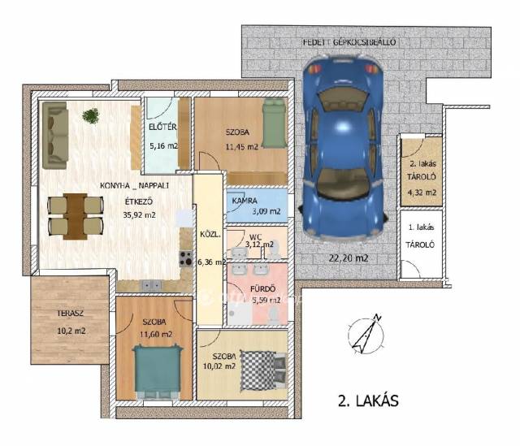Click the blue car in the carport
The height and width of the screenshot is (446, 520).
pos(343,148)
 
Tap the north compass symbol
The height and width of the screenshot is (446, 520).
pos(366,334)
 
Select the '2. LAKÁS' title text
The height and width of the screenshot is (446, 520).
pos(368,401)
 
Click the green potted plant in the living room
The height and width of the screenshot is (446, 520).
pos(90,116)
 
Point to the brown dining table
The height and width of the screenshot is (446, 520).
pos(76,216)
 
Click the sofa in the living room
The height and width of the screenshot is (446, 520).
pos(55,135)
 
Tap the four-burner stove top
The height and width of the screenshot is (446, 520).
pos(186,258)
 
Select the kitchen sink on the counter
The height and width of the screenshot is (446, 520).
pos(152,285)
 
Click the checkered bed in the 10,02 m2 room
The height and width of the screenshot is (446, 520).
pos(262,370)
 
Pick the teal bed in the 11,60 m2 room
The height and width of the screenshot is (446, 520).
pos(157,371)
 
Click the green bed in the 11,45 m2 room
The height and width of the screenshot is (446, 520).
pos(275,124)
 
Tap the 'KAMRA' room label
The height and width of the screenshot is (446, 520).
pos(245,201)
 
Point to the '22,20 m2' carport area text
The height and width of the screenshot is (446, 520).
pos(349,258)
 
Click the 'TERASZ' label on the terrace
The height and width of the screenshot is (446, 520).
pos(70,313)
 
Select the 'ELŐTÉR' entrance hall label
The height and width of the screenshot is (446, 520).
pos(162,127)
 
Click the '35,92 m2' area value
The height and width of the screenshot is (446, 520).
pos(139,214)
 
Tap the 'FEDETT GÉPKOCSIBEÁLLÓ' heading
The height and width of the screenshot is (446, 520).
pos(349,42)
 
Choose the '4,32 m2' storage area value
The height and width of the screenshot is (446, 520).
pos(422,193)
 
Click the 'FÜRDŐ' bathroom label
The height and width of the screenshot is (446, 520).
pos(262,289)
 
